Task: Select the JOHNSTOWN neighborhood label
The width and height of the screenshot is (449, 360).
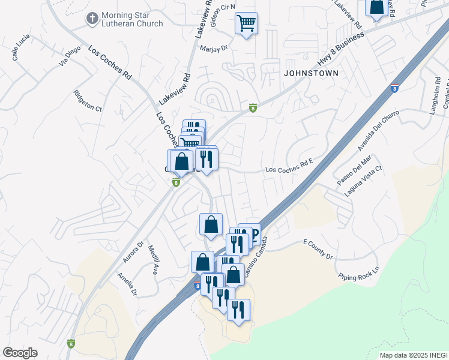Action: click(x=312, y=73)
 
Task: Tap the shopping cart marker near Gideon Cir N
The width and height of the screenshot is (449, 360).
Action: click(x=246, y=24)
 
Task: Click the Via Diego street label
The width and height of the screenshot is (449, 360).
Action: click(x=70, y=55)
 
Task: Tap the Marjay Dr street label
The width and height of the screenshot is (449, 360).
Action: click(x=215, y=49)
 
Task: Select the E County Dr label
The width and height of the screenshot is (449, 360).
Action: click(x=318, y=248)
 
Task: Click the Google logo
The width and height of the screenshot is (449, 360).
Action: click(x=20, y=353)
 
